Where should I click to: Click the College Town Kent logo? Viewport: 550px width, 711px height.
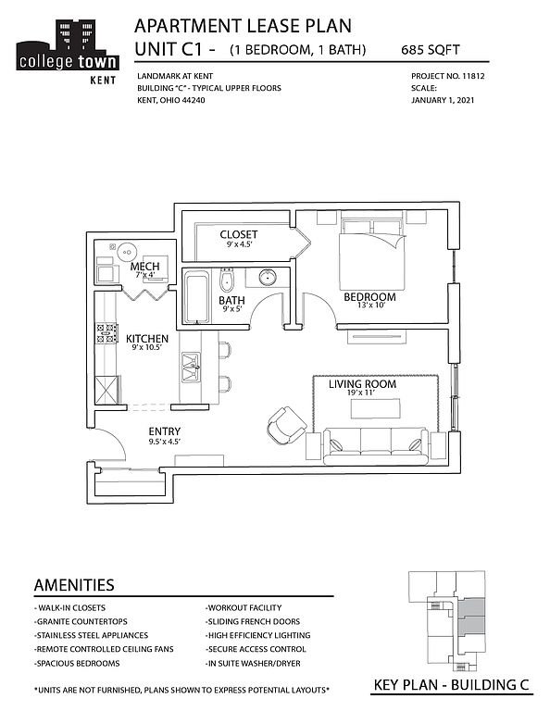coord(67,52)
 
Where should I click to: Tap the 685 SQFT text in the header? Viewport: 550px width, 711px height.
coord(431,49)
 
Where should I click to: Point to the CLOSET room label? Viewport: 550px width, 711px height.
coord(239,234)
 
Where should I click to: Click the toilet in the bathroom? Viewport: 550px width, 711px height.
coord(227,280)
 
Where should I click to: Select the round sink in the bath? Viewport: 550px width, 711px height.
coord(269,277)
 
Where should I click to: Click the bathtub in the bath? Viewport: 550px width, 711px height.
coord(197,297)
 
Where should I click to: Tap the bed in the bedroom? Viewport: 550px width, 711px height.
coord(372,255)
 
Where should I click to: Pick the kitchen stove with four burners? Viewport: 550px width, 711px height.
coord(106,333)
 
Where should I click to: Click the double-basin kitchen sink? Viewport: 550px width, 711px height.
coord(191,367)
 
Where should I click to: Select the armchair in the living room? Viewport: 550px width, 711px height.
coord(286,426)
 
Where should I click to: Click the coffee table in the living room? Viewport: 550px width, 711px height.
coord(376,408)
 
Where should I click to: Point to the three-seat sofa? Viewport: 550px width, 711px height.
coord(376,446)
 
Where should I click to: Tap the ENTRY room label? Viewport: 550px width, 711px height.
coord(165,431)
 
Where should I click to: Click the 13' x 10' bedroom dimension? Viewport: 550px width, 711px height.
coord(371,306)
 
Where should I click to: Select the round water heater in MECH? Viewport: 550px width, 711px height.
coord(127,252)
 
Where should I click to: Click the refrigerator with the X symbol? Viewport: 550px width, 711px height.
coord(106,390)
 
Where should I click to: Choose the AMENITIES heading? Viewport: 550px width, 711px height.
coord(74,585)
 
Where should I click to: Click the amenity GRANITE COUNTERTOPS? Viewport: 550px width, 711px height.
coord(81,622)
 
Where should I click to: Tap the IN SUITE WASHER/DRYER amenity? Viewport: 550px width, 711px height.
coord(253,664)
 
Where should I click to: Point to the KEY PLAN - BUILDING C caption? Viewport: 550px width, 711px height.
coord(451,685)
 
